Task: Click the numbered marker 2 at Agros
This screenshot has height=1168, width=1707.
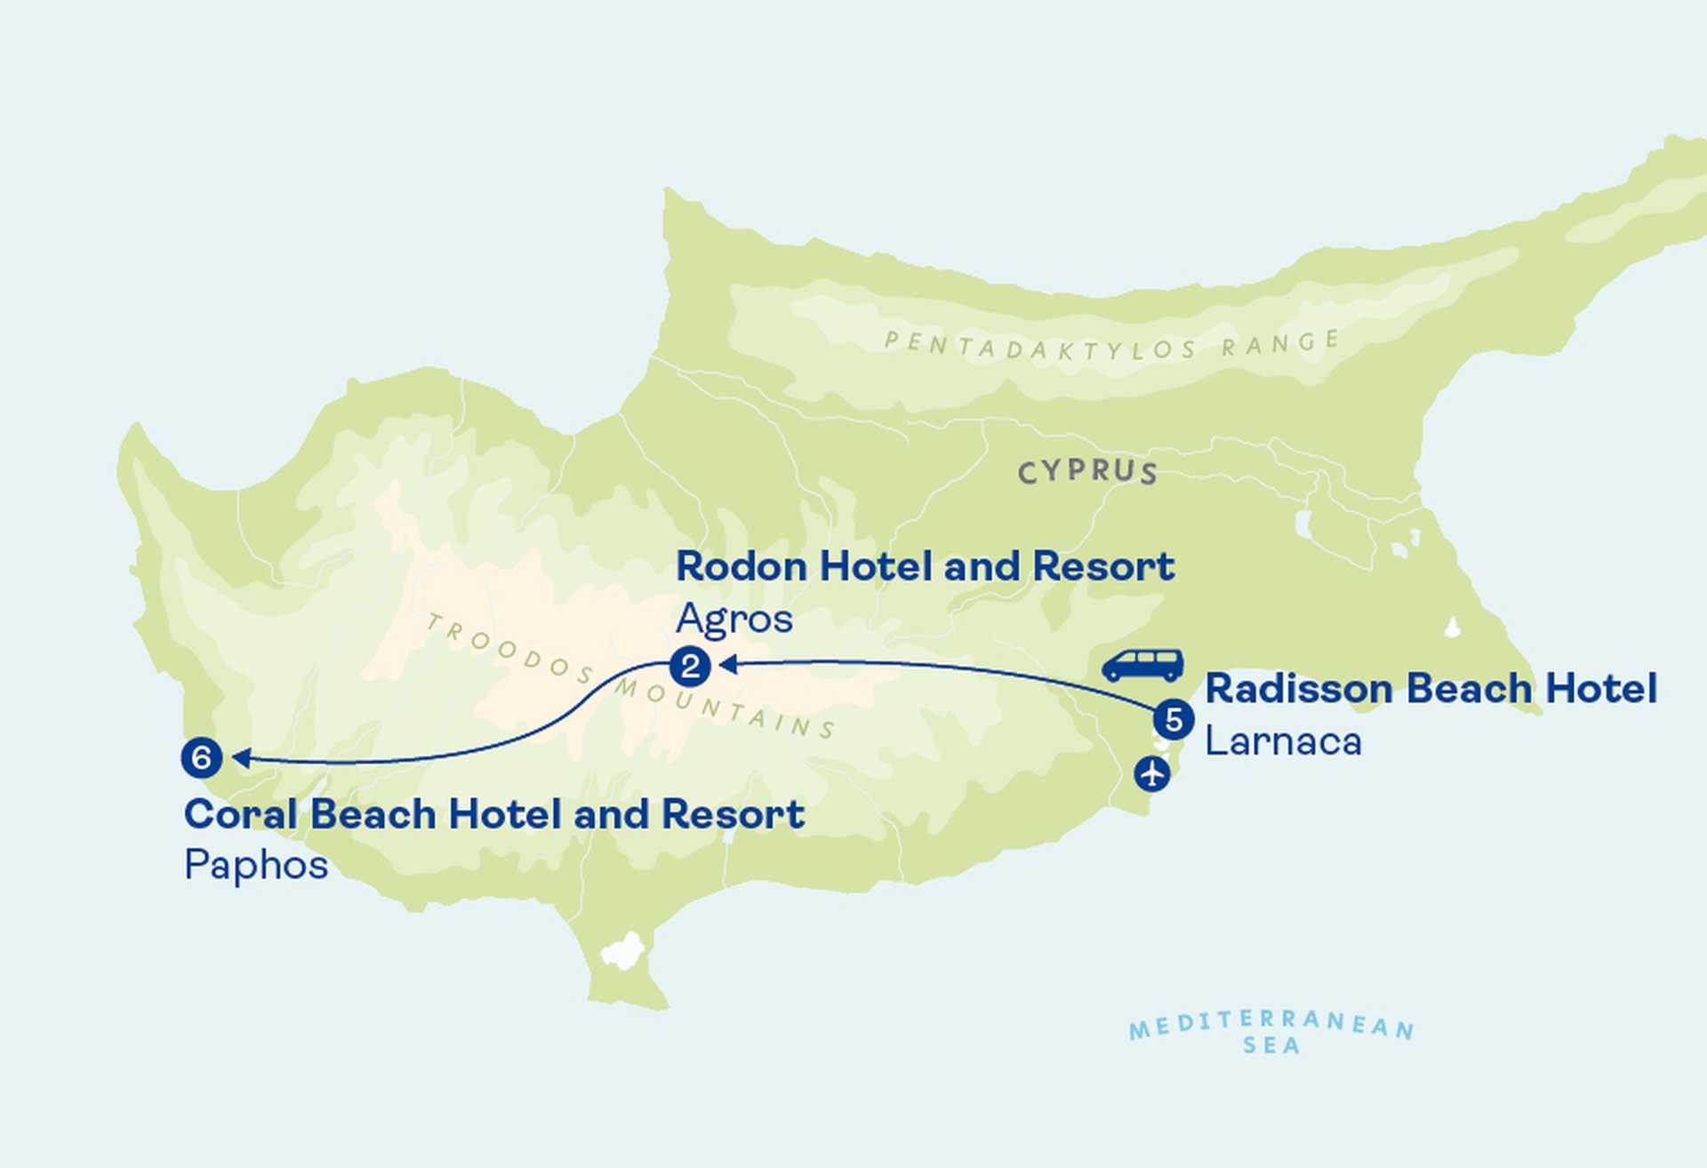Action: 690,667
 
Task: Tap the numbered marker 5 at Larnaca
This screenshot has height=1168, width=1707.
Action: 1174,720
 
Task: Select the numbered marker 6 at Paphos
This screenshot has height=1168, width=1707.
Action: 202,758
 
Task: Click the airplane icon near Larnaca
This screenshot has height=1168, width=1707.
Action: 1152,773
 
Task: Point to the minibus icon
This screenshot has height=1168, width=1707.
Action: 1143,665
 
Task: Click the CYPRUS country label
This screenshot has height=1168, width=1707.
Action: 1087,472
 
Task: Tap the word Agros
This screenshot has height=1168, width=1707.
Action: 733,620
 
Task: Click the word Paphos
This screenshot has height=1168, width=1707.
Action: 256,865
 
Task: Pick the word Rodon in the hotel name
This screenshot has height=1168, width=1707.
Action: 741,567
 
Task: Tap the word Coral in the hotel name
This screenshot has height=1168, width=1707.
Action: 239,814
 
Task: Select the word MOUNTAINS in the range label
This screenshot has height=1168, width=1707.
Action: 725,709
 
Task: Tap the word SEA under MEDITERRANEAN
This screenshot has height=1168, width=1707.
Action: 1271,1046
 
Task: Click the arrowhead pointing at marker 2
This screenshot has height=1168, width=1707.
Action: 726,664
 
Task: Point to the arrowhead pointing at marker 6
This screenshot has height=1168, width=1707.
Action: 239,758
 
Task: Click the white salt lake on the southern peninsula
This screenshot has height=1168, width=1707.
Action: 623,951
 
